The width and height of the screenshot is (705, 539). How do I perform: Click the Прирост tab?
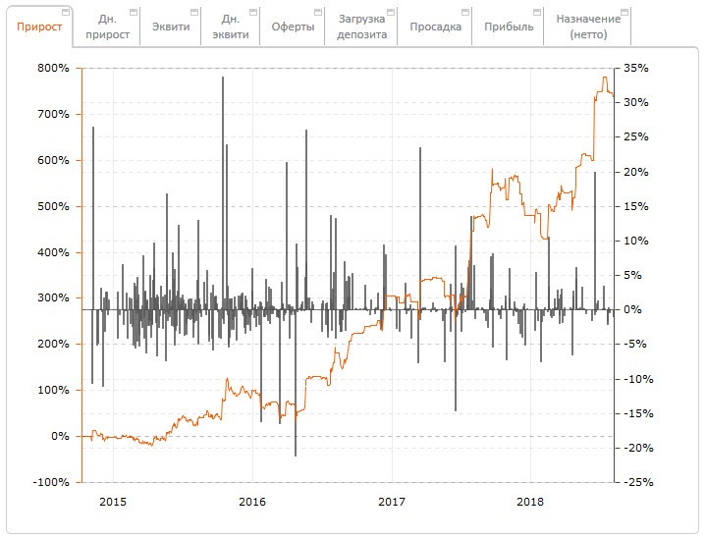pyautogui.click(x=39, y=27)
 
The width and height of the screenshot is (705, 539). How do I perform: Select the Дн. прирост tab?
pyautogui.click(x=107, y=27)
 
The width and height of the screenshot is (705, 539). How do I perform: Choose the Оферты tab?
pyautogui.click(x=293, y=27)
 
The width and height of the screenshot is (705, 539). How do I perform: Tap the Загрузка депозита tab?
pyautogui.click(x=362, y=27)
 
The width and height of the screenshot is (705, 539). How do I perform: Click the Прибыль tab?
pyautogui.click(x=509, y=27)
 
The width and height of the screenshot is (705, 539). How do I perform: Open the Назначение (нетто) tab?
pyautogui.click(x=587, y=27)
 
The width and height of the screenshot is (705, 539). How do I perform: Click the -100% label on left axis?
pyautogui.click(x=51, y=483)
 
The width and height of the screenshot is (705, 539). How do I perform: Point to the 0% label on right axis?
pyautogui.click(x=633, y=310)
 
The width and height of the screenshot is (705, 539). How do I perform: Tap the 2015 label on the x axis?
pyautogui.click(x=113, y=502)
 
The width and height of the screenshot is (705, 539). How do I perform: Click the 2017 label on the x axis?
pyautogui.click(x=391, y=502)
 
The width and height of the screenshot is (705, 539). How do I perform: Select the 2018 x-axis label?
pyautogui.click(x=530, y=502)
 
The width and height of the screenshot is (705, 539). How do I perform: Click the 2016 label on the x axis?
pyautogui.click(x=252, y=502)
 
